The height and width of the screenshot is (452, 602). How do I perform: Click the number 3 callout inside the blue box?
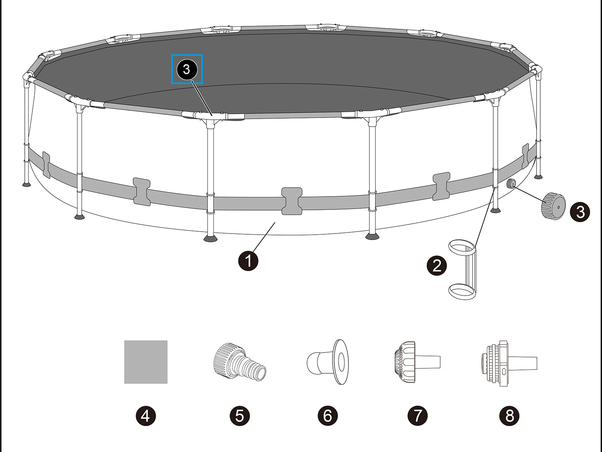coord(187,69)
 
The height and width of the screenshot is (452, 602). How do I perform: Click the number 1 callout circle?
coord(248,260)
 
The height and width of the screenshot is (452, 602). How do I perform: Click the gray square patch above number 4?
coord(146,362)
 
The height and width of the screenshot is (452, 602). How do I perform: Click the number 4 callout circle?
coord(146,416)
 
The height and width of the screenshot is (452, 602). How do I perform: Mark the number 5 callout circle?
coord(239,416)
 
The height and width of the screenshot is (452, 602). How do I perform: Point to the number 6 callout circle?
coord(328,416)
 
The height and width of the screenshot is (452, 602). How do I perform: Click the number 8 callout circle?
coord(509,416)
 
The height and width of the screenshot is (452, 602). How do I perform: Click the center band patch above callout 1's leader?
coord(292,201)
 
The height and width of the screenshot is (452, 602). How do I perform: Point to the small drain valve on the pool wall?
coord(511,184)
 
